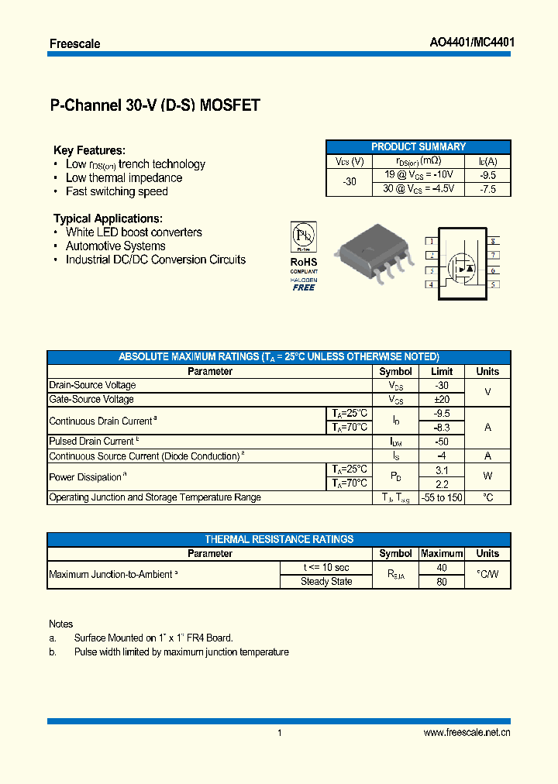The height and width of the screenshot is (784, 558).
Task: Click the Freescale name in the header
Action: [x=74, y=43]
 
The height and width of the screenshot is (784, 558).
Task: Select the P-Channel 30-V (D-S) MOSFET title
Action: [x=154, y=106]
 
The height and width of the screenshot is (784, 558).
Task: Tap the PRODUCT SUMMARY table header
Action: [x=418, y=146]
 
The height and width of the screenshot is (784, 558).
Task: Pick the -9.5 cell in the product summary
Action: [x=487, y=175]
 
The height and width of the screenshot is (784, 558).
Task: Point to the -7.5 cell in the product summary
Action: [x=487, y=189]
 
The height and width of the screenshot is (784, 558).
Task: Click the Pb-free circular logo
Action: [x=303, y=235]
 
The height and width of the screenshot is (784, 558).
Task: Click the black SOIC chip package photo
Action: [x=370, y=253]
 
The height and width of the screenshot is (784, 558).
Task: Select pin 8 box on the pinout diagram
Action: [x=493, y=241]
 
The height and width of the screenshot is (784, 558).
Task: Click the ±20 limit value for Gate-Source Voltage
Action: [x=442, y=399]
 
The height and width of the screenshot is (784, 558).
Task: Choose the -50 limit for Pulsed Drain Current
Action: [x=442, y=442]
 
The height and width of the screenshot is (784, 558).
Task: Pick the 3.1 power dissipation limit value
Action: [x=442, y=469]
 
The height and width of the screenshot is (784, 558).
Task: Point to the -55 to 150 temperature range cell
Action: [x=442, y=497]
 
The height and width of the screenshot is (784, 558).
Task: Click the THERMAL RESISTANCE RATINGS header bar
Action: [x=279, y=539]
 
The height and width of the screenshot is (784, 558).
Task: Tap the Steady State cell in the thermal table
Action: [x=326, y=582]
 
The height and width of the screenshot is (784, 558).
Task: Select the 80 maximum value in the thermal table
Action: [x=442, y=582]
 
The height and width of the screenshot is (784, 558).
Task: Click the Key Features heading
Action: [x=89, y=150]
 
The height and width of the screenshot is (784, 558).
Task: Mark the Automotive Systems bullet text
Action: [x=115, y=246]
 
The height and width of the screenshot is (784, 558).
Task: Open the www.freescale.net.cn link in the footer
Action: [x=467, y=733]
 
